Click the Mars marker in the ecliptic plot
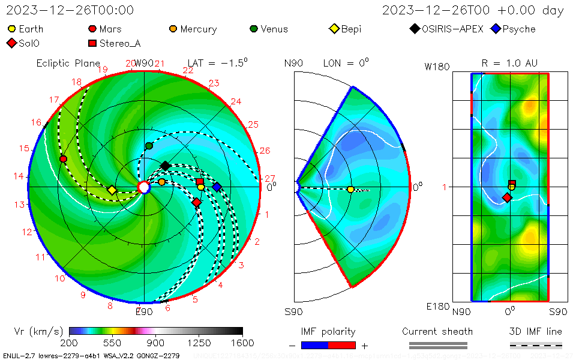pyautogui.click(x=63, y=158)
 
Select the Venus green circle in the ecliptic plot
pyautogui.click(x=149, y=146)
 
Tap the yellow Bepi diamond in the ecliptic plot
pyautogui.click(x=112, y=190)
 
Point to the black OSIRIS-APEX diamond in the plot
pyautogui.click(x=166, y=166)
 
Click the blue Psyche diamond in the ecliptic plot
pyautogui.click(x=217, y=187)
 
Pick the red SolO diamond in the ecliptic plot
pyautogui.click(x=196, y=202)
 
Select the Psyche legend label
pyautogui.click(x=514, y=29)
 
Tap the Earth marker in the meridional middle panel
pyautogui.click(x=350, y=189)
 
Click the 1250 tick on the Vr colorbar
pyautogui.click(x=199, y=343)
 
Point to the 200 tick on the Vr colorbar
pyautogui.click(x=70, y=343)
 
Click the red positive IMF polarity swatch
pyautogui.click(x=342, y=345)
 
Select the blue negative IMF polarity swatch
pyautogui.click(x=314, y=345)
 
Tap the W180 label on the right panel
pyautogui.click(x=437, y=67)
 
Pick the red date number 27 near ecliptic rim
pyautogui.click(x=269, y=178)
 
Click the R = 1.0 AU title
pyautogui.click(x=509, y=63)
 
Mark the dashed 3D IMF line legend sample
pyautogui.click(x=536, y=345)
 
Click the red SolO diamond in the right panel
pyautogui.click(x=507, y=197)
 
